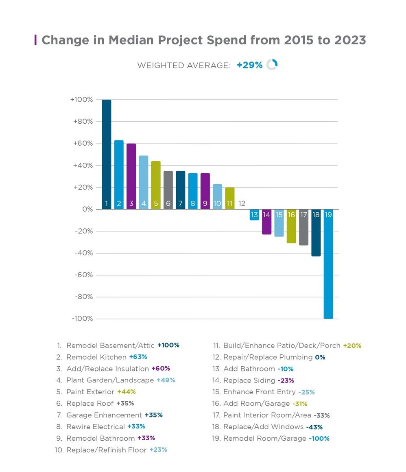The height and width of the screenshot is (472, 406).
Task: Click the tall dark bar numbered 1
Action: (107, 155)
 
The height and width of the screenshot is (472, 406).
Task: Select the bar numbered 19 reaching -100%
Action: (328, 264)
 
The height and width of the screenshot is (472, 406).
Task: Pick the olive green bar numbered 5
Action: (156, 185)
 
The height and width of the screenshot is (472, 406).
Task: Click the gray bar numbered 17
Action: (303, 227)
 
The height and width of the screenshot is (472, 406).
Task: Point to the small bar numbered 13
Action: (254, 215)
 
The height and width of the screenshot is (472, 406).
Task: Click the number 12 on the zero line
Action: (242, 203)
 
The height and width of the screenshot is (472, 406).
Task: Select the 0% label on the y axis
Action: (88, 210)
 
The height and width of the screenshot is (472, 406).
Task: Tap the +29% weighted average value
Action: (249, 65)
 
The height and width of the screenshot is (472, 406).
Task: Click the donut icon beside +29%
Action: (272, 65)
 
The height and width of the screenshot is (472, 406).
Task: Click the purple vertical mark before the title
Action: (36, 40)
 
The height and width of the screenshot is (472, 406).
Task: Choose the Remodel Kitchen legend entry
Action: (96, 357)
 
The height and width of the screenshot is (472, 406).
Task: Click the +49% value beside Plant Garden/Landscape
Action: (166, 380)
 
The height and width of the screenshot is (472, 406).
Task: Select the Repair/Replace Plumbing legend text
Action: (268, 357)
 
